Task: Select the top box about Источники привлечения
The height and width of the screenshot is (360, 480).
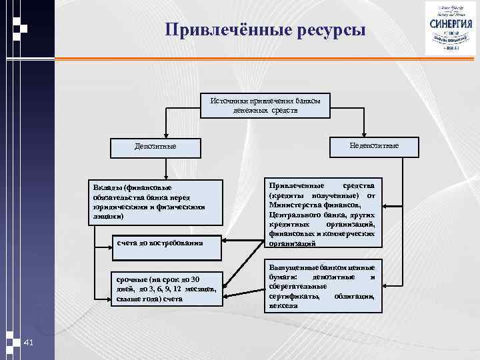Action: pyautogui.click(x=265, y=105)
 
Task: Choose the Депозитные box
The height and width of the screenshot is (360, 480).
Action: pyautogui.click(x=155, y=145)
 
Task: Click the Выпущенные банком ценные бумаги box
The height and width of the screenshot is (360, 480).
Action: pyautogui.click(x=322, y=285)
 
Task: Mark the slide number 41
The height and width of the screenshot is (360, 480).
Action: pyautogui.click(x=28, y=342)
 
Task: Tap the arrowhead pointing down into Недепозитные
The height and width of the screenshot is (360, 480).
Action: pyautogui.click(x=364, y=134)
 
